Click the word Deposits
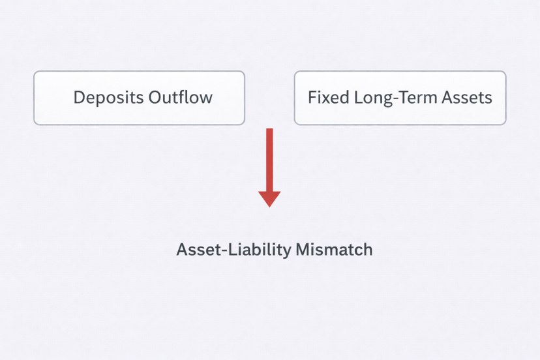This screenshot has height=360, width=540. tap(108, 98)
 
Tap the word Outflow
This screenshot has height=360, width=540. tap(181, 97)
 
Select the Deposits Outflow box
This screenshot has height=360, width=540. tap(139, 98)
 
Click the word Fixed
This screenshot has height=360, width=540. tap(329, 97)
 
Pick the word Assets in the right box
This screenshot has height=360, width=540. tap(467, 97)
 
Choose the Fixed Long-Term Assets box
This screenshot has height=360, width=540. tap(400, 98)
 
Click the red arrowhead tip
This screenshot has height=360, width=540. tap(269, 207)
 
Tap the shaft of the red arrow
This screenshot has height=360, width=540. tap(269, 160)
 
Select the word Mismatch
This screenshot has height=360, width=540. tap(334, 249)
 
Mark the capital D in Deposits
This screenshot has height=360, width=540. tap(80, 97)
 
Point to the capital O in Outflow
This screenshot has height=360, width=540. tap(155, 97)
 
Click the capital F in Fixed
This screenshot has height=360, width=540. tap(312, 97)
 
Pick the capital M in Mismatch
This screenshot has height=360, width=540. tap(303, 250)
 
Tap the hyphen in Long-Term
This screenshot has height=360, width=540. tap(397, 99)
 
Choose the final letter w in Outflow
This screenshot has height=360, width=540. tap(206, 100)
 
